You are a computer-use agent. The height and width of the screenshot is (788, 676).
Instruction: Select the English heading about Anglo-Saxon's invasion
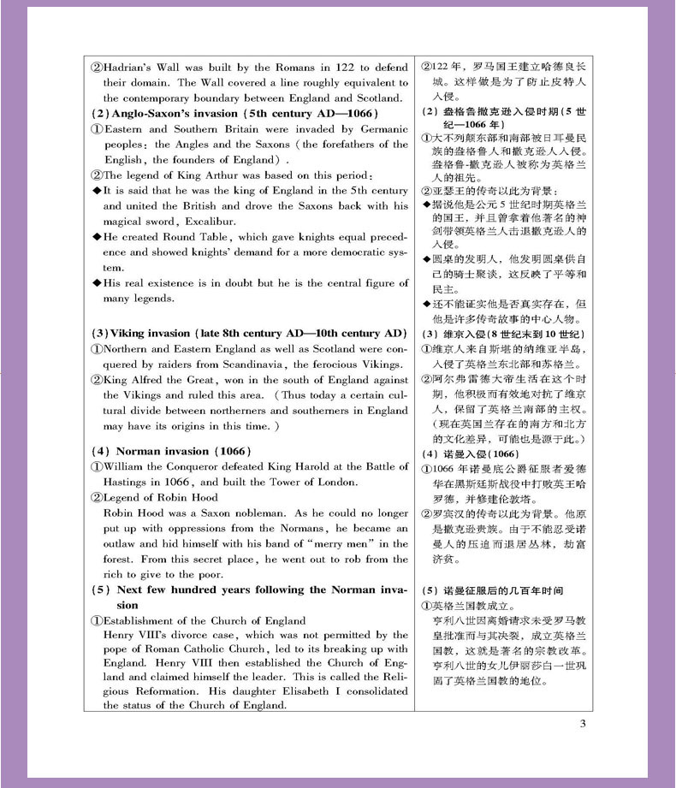point(234,114)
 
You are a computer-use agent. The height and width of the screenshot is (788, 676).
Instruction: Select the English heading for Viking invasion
point(248,333)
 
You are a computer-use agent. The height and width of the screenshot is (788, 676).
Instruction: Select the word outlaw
point(122,544)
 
